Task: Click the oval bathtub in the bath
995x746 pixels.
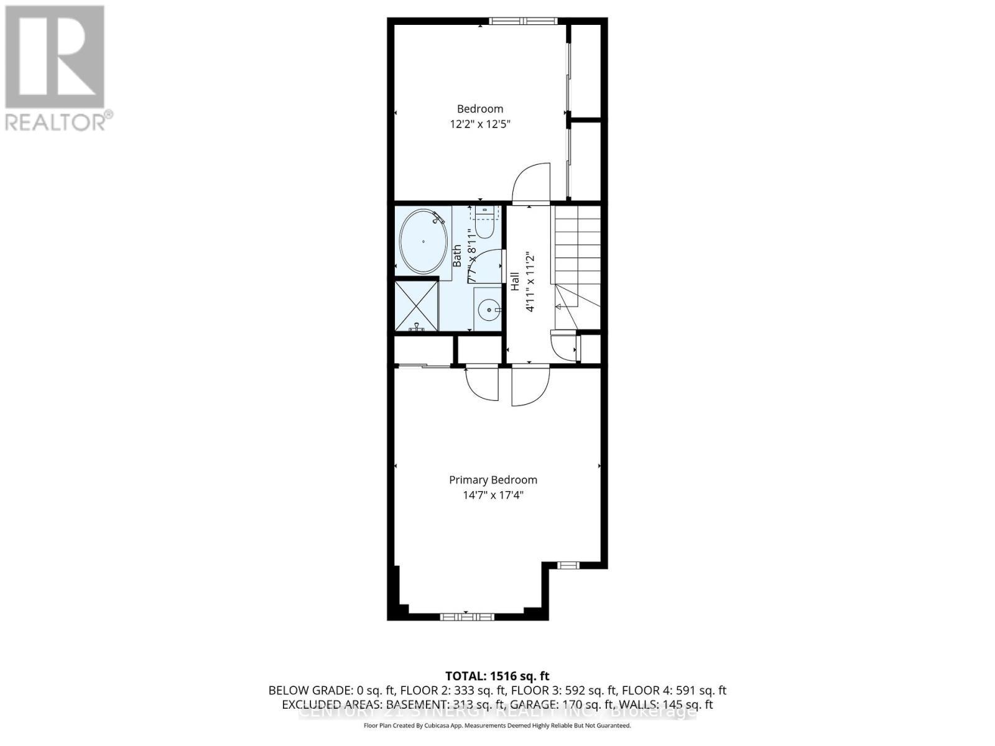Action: point(423,241)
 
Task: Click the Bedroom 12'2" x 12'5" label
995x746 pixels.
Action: point(480,116)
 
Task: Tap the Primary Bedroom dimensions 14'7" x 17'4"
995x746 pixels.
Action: point(493,495)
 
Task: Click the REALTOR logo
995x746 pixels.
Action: point(56,68)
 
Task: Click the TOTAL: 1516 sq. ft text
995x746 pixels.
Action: point(497,676)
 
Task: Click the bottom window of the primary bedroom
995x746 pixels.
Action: point(466,617)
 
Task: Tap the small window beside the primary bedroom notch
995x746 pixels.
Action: point(567,565)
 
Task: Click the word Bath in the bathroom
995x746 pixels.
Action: point(457,256)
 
